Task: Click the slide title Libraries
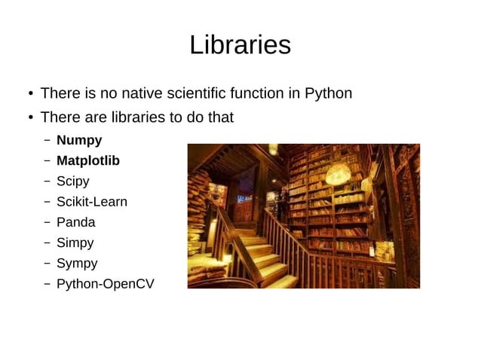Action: [240, 45]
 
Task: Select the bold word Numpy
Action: [79, 140]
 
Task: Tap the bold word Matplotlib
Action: [87, 160]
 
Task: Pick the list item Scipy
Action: [72, 182]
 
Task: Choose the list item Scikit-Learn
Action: [91, 202]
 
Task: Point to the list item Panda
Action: [75, 222]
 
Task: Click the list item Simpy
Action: [75, 243]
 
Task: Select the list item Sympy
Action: [76, 264]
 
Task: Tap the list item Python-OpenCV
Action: [105, 284]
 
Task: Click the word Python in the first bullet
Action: [328, 94]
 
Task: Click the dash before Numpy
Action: [47, 141]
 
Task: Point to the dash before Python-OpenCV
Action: [47, 285]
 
